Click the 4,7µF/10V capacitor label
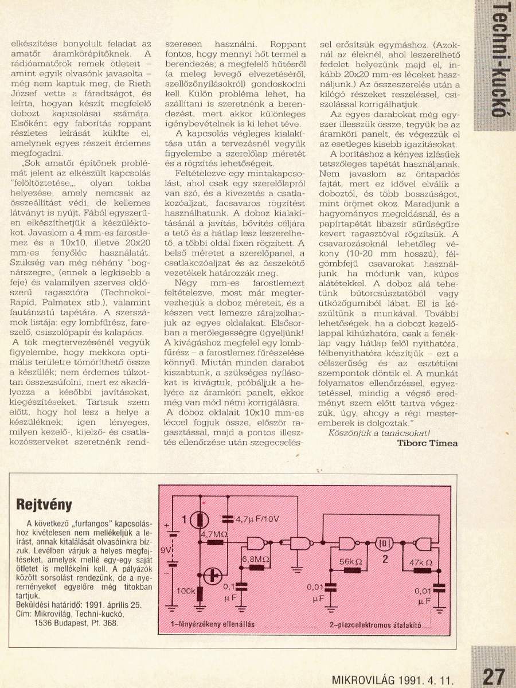(x=256, y=519)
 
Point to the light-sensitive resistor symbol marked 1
(x=201, y=519)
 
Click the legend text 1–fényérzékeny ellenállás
(x=212, y=624)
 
